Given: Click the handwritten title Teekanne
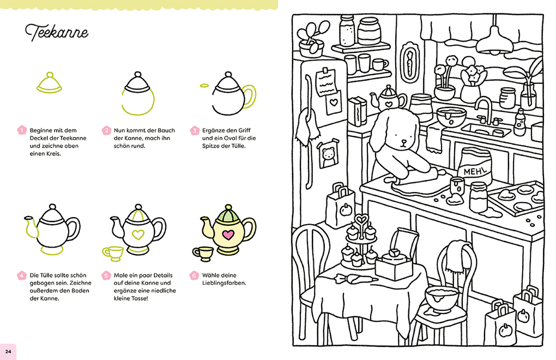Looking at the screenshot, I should (57, 33).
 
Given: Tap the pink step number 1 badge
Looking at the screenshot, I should (22, 130).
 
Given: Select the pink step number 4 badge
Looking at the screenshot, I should (22, 275).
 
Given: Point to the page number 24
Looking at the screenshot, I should (8, 351).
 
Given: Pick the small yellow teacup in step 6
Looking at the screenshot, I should (204, 253).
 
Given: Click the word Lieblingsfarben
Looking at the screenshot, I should (224, 283).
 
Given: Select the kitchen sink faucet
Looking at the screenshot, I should (482, 110).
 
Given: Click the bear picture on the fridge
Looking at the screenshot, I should (328, 156).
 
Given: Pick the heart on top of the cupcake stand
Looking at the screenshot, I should (360, 220).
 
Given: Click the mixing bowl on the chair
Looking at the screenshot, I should (442, 298).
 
